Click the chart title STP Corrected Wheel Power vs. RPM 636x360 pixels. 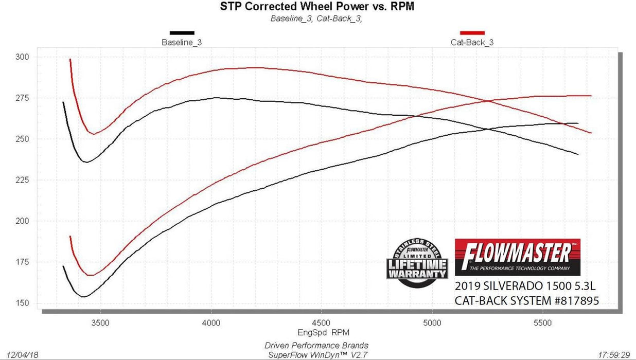[x=317, y=7]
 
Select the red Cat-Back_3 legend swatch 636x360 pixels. [x=472, y=33]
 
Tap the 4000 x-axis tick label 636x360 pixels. [x=211, y=323]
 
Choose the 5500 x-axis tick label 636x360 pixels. [x=543, y=323]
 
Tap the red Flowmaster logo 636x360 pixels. [x=517, y=257]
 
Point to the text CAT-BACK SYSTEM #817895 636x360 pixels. [x=526, y=301]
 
